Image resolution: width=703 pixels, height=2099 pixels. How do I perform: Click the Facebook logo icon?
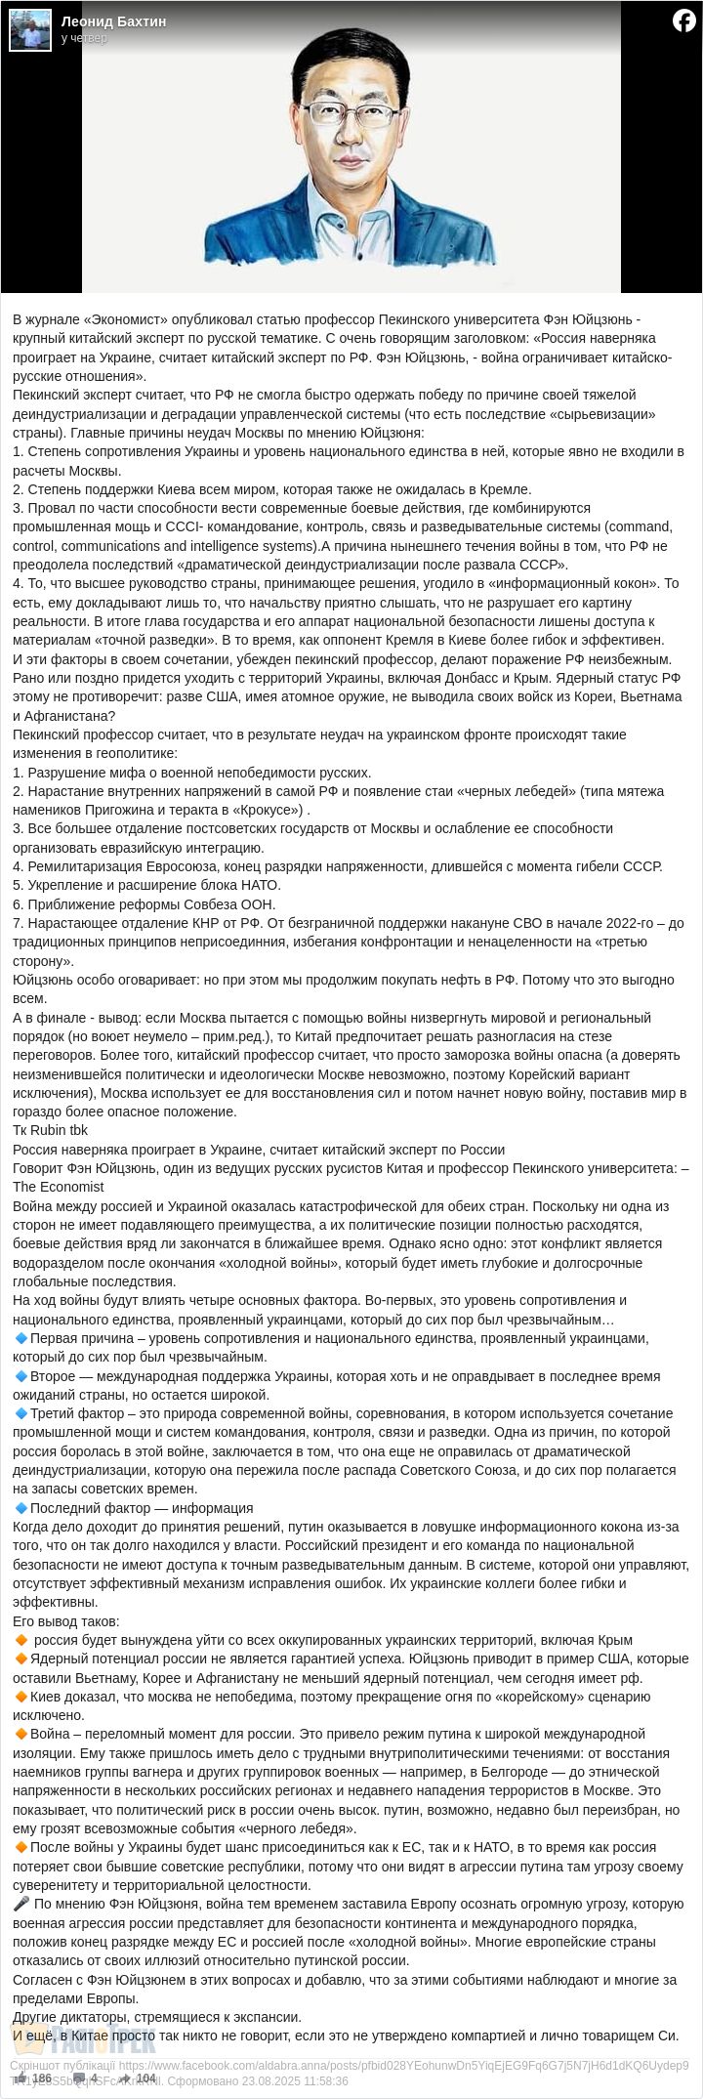tap(684, 21)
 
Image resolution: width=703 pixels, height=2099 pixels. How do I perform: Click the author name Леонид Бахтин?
tap(113, 21)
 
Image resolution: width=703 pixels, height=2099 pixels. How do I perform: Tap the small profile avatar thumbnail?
tap(30, 30)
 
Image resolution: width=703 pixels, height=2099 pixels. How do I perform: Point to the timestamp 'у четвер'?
tap(84, 38)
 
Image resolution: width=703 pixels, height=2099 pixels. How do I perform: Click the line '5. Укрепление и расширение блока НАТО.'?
tap(146, 885)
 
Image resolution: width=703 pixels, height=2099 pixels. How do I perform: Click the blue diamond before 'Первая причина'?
tap(21, 1338)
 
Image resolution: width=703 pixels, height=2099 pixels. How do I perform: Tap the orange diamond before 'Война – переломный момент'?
tap(21, 1734)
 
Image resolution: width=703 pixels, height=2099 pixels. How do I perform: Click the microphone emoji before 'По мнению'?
tap(21, 1904)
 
